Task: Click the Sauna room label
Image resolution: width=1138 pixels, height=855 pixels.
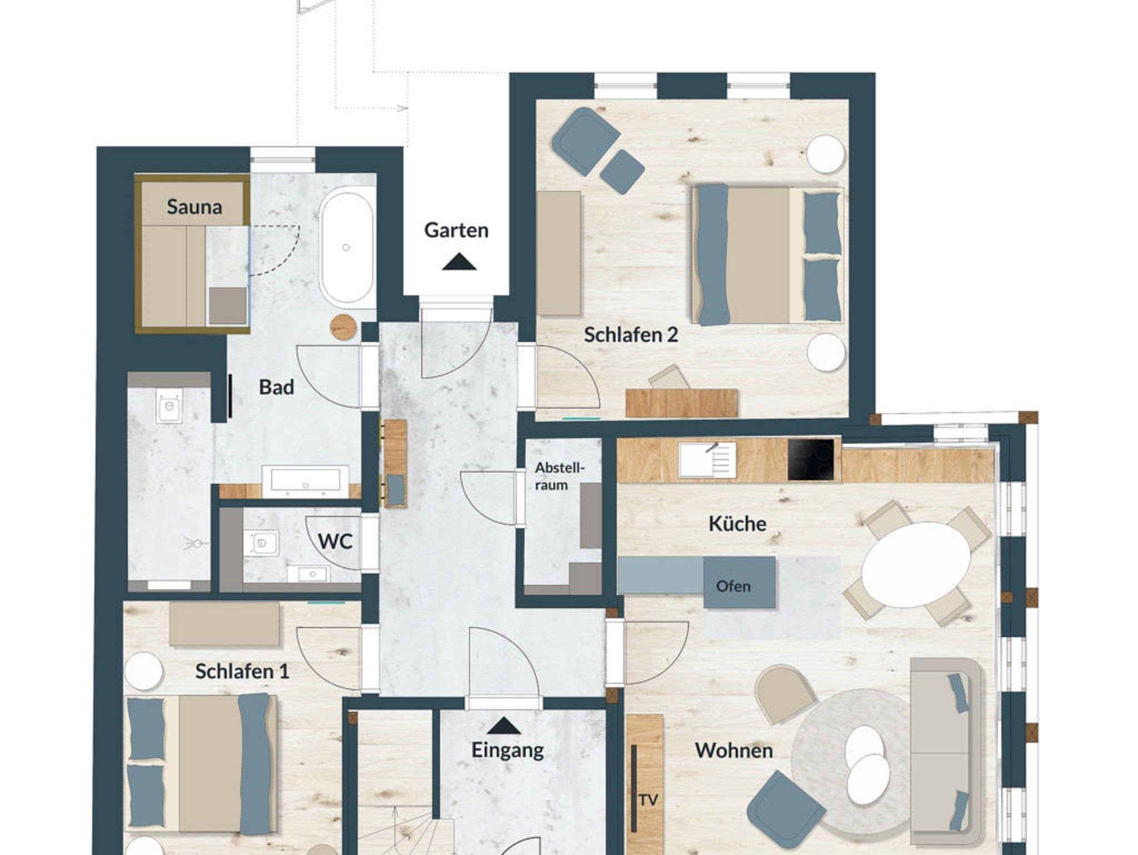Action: click(x=194, y=207)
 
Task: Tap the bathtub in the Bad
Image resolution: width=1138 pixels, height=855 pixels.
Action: click(x=346, y=247)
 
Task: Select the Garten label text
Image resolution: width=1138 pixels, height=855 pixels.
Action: click(x=456, y=230)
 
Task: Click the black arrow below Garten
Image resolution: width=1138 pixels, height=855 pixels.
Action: click(x=459, y=262)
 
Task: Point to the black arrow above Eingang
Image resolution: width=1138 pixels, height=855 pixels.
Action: click(x=503, y=725)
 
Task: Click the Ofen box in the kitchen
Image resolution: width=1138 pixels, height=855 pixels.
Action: click(x=739, y=582)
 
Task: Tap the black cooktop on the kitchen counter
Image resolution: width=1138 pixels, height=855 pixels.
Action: click(x=811, y=460)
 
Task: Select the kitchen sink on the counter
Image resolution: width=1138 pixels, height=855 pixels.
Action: click(x=707, y=460)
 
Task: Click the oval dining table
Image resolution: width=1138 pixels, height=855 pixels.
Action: click(x=916, y=565)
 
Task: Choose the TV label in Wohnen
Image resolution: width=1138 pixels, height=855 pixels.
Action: click(x=648, y=800)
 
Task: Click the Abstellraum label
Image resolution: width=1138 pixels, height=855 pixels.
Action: click(x=560, y=476)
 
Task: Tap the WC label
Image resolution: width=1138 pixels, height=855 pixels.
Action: click(x=335, y=541)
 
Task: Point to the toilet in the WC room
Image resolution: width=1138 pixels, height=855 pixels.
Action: click(x=261, y=542)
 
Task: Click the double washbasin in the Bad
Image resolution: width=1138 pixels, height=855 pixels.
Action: click(x=305, y=481)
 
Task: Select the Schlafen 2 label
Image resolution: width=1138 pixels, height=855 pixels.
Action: click(x=631, y=335)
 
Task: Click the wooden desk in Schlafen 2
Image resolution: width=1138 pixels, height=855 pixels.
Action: click(x=682, y=402)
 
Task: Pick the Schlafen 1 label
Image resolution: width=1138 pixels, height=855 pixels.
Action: click(x=242, y=671)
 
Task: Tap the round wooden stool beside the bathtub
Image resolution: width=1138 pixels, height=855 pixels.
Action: click(x=343, y=327)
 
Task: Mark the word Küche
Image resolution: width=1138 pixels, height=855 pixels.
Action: click(x=737, y=524)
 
